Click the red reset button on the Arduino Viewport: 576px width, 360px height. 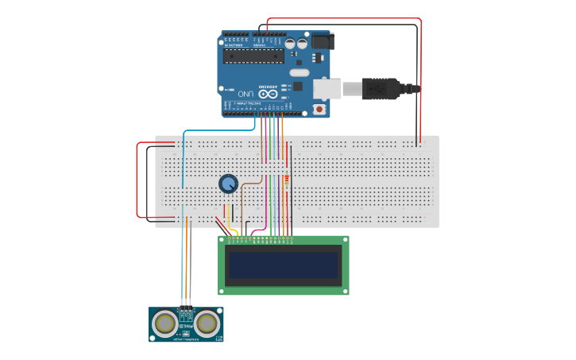click(x=320, y=108)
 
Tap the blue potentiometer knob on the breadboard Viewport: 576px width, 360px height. click(x=228, y=184)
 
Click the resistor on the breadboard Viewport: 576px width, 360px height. click(x=287, y=183)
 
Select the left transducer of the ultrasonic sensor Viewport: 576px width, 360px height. click(x=165, y=323)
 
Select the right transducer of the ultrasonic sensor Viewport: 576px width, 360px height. click(x=207, y=323)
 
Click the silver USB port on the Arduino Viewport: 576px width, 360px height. click(x=327, y=88)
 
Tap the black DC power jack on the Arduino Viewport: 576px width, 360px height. click(x=322, y=41)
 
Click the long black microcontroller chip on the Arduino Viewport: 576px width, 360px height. click(x=253, y=55)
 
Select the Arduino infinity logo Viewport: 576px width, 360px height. click(x=271, y=94)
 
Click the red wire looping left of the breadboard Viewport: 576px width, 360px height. click(x=138, y=180)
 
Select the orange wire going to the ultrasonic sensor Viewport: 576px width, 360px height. click(x=187, y=262)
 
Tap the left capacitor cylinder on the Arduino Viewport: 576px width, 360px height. click(x=291, y=44)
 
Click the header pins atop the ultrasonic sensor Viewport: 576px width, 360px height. click(x=186, y=308)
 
